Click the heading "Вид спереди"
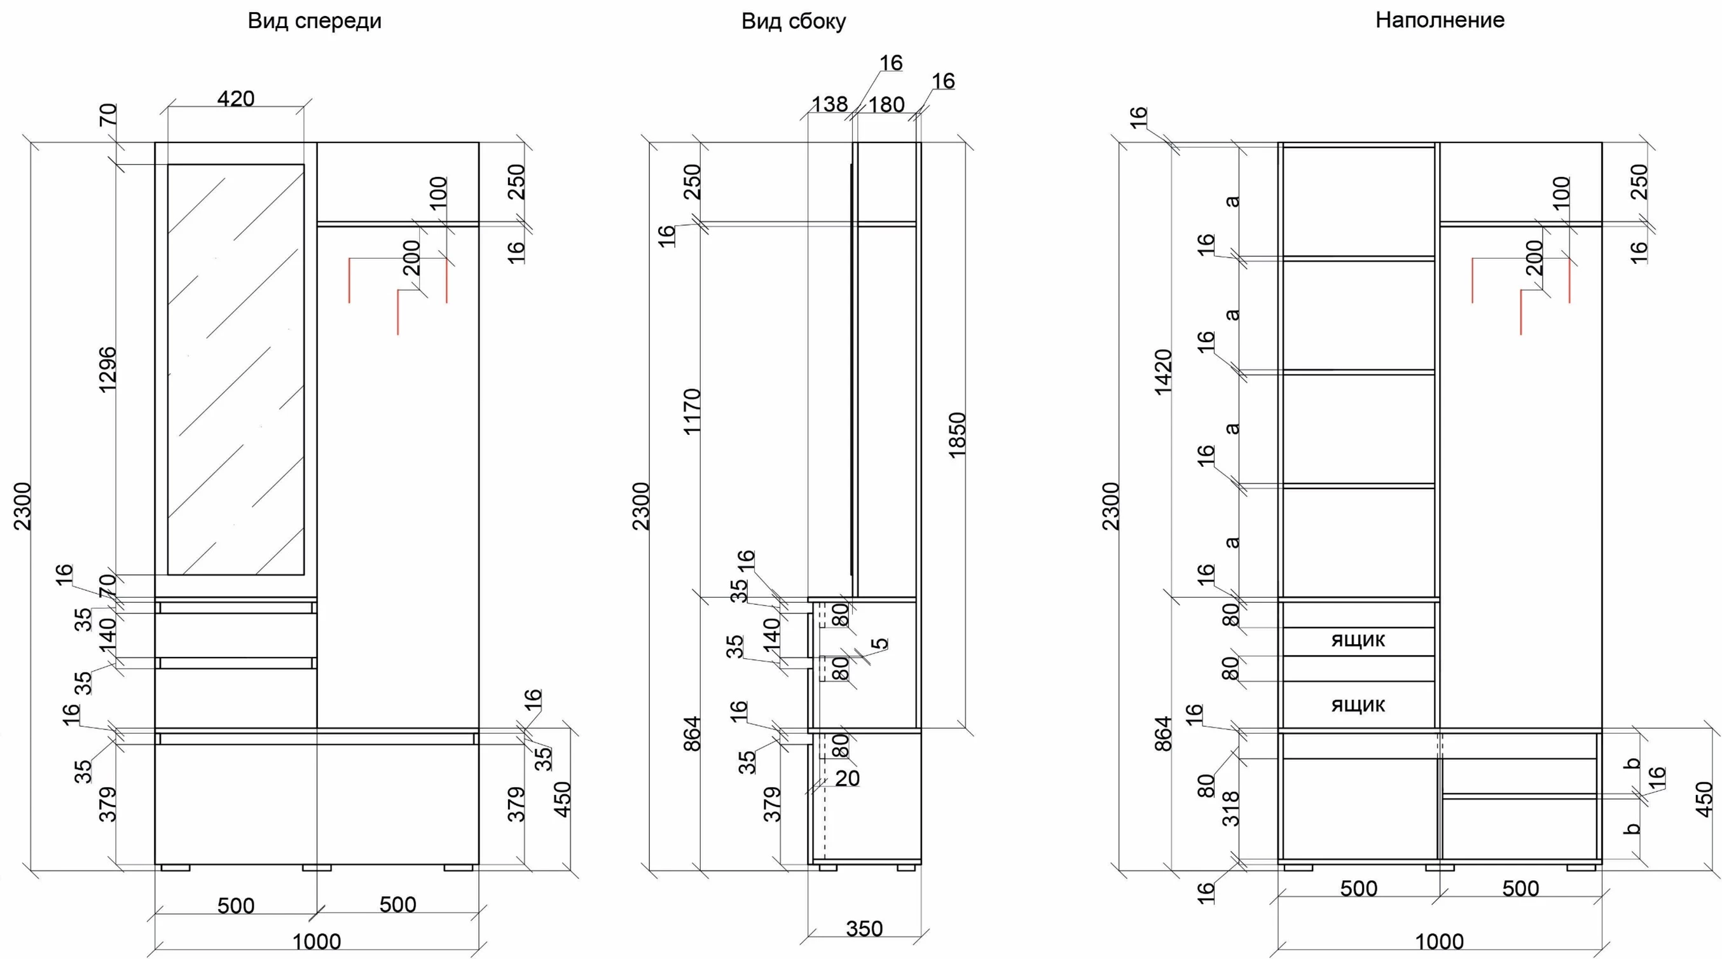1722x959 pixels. (x=314, y=21)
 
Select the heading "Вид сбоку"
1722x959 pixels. (x=794, y=22)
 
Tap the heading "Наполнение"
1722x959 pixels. (x=1439, y=20)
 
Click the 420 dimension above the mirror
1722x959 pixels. (x=236, y=99)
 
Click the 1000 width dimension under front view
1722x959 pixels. (x=317, y=942)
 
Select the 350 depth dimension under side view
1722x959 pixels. (x=864, y=928)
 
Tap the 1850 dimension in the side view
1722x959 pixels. (x=957, y=435)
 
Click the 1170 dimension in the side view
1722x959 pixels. (x=692, y=411)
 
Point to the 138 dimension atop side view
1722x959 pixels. (x=829, y=104)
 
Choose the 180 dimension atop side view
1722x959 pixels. (x=886, y=104)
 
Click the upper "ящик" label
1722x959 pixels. (x=1358, y=640)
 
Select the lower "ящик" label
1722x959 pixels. (x=1358, y=705)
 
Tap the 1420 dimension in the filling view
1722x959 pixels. (x=1163, y=372)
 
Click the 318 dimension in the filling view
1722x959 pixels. (x=1230, y=808)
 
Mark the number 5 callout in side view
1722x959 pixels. (x=882, y=644)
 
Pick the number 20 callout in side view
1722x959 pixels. (x=847, y=778)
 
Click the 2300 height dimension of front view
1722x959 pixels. (x=24, y=506)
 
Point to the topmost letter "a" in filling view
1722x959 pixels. (x=1234, y=200)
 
